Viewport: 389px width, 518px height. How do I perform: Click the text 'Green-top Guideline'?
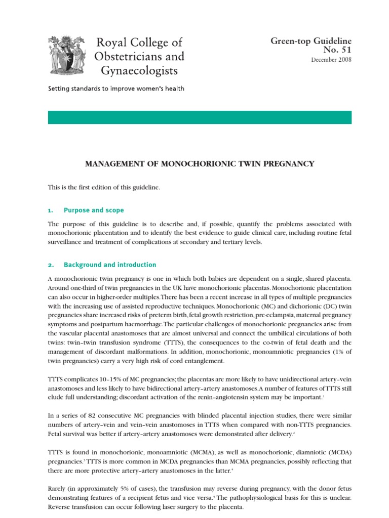click(x=311, y=41)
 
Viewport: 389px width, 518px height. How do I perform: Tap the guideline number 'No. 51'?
click(x=338, y=50)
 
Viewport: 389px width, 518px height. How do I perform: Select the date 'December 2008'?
click(x=331, y=60)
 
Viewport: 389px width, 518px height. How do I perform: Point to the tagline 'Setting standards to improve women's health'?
click(x=116, y=89)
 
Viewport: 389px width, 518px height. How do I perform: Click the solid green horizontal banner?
click(x=200, y=117)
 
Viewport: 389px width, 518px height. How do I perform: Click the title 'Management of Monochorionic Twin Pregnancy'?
click(x=199, y=164)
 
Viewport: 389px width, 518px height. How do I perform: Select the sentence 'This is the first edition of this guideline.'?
click(x=104, y=188)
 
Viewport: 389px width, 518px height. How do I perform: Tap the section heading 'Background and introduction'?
click(x=109, y=265)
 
